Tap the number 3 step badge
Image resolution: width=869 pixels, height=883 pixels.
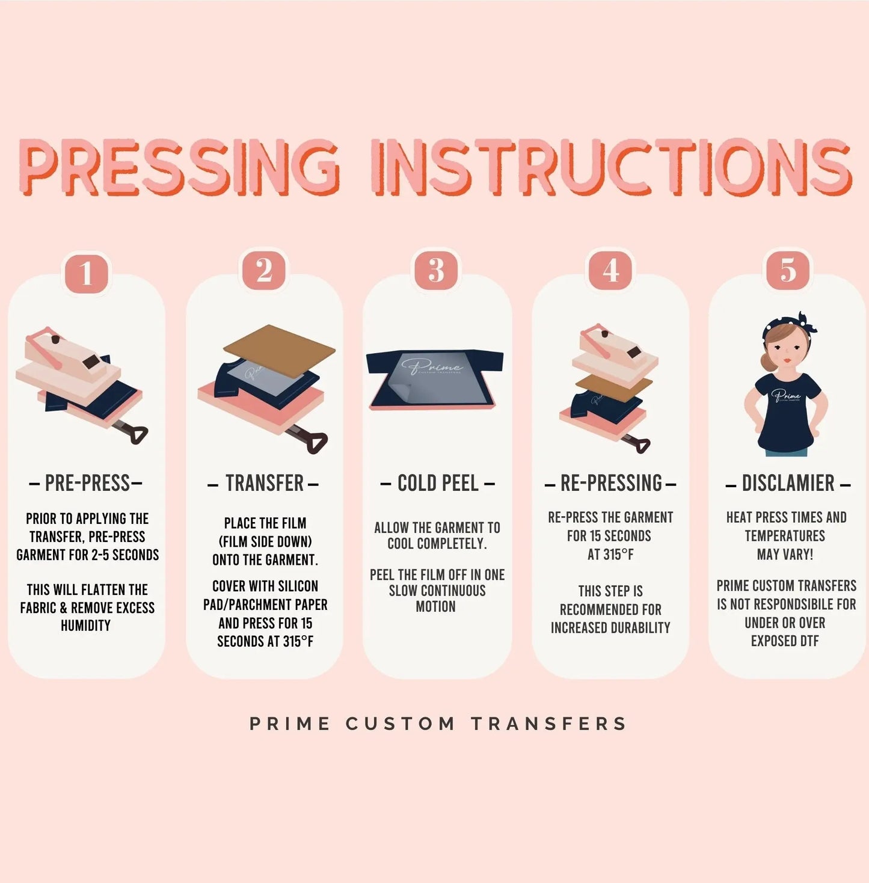click(436, 269)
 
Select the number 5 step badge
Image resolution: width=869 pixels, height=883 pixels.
click(788, 269)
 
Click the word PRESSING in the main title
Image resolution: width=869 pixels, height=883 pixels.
click(180, 167)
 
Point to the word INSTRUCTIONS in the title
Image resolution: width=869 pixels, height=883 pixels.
click(612, 167)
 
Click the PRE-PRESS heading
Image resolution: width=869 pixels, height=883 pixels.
click(87, 484)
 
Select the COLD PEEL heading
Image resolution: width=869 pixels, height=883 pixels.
click(438, 484)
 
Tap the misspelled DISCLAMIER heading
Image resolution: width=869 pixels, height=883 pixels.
click(788, 484)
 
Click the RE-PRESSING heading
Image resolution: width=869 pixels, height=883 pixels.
click(610, 484)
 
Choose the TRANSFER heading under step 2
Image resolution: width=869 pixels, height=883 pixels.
click(263, 484)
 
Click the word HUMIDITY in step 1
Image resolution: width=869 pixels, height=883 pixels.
click(86, 626)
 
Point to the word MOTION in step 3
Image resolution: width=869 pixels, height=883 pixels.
click(436, 607)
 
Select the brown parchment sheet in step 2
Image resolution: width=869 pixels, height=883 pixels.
click(279, 351)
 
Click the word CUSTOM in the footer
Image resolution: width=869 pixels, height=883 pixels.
click(400, 724)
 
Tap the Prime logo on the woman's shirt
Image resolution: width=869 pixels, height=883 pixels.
click(785, 395)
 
